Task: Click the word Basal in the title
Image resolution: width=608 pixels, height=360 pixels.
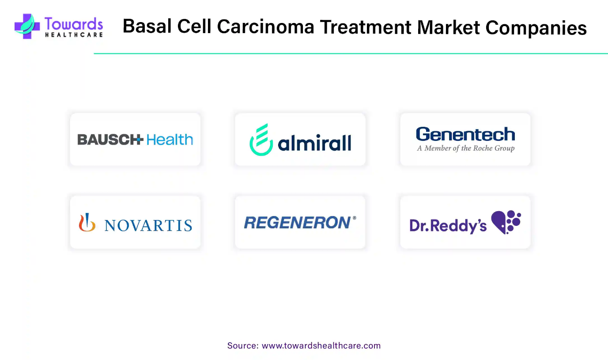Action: (x=147, y=27)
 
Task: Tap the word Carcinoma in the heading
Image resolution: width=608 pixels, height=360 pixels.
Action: (x=265, y=27)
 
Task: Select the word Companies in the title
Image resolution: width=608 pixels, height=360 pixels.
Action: (x=536, y=28)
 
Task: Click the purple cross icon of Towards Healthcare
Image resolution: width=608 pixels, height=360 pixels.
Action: (x=27, y=27)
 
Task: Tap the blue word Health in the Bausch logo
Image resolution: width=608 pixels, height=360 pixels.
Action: (x=170, y=140)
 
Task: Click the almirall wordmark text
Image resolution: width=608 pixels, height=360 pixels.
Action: (x=314, y=143)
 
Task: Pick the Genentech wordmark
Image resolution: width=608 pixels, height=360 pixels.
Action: (x=465, y=134)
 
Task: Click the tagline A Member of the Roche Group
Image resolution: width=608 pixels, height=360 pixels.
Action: (x=465, y=148)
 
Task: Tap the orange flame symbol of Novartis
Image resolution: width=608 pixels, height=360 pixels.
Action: (x=87, y=222)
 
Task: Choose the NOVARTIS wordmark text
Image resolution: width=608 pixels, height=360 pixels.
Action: (x=148, y=225)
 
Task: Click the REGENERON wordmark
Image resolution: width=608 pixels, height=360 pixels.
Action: (x=298, y=223)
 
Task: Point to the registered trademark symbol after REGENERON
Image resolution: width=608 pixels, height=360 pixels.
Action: (x=354, y=218)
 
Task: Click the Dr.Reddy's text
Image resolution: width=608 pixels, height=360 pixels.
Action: (x=448, y=226)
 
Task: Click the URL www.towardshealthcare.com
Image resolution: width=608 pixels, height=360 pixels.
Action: (x=321, y=345)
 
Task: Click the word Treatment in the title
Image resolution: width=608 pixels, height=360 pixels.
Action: (x=366, y=27)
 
